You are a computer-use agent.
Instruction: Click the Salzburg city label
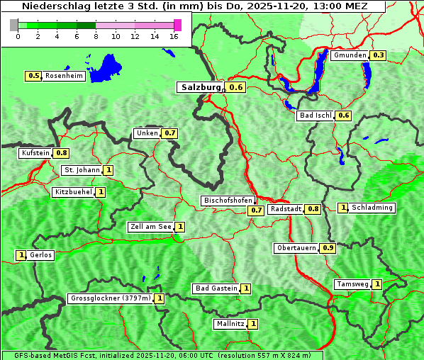199,87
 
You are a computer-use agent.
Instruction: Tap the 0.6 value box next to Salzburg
236,87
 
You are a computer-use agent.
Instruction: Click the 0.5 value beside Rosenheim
33,76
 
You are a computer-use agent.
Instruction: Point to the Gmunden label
350,55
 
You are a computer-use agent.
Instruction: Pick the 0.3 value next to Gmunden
378,55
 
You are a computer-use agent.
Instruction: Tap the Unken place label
147,133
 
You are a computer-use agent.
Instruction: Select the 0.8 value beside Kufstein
62,152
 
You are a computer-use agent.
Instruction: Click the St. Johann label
82,170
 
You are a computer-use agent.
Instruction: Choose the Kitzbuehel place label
73,192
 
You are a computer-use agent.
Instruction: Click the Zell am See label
150,227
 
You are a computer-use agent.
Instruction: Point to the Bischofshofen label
228,201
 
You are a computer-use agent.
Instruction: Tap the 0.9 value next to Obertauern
328,248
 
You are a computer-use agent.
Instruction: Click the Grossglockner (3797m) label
111,298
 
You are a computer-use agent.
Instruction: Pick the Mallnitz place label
230,324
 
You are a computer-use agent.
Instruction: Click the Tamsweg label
352,284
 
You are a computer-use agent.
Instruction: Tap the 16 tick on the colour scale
174,36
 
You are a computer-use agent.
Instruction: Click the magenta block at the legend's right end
177,25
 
